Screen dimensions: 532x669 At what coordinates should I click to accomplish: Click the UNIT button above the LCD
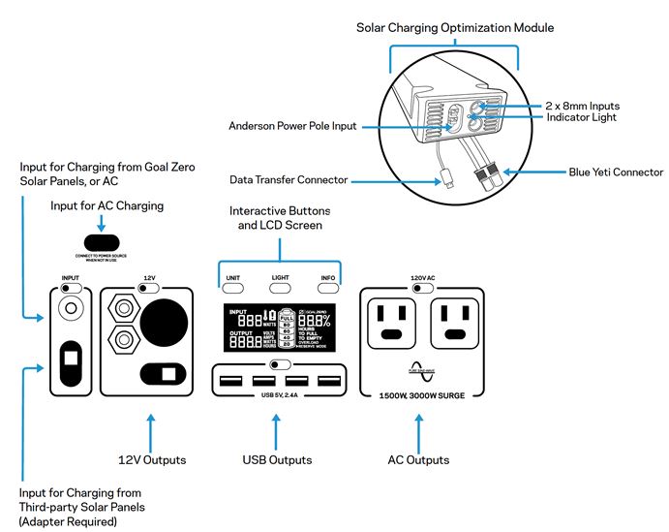click(233, 288)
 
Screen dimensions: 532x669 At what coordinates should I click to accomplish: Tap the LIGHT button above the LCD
click(281, 288)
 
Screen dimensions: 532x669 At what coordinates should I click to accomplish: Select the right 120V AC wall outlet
click(458, 322)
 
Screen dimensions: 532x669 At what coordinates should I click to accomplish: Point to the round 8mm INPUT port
click(70, 310)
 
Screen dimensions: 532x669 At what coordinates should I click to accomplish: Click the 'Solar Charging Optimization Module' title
click(456, 28)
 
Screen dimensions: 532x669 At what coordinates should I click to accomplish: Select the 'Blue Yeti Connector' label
click(612, 172)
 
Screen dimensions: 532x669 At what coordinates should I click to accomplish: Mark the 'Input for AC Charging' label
click(106, 206)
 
